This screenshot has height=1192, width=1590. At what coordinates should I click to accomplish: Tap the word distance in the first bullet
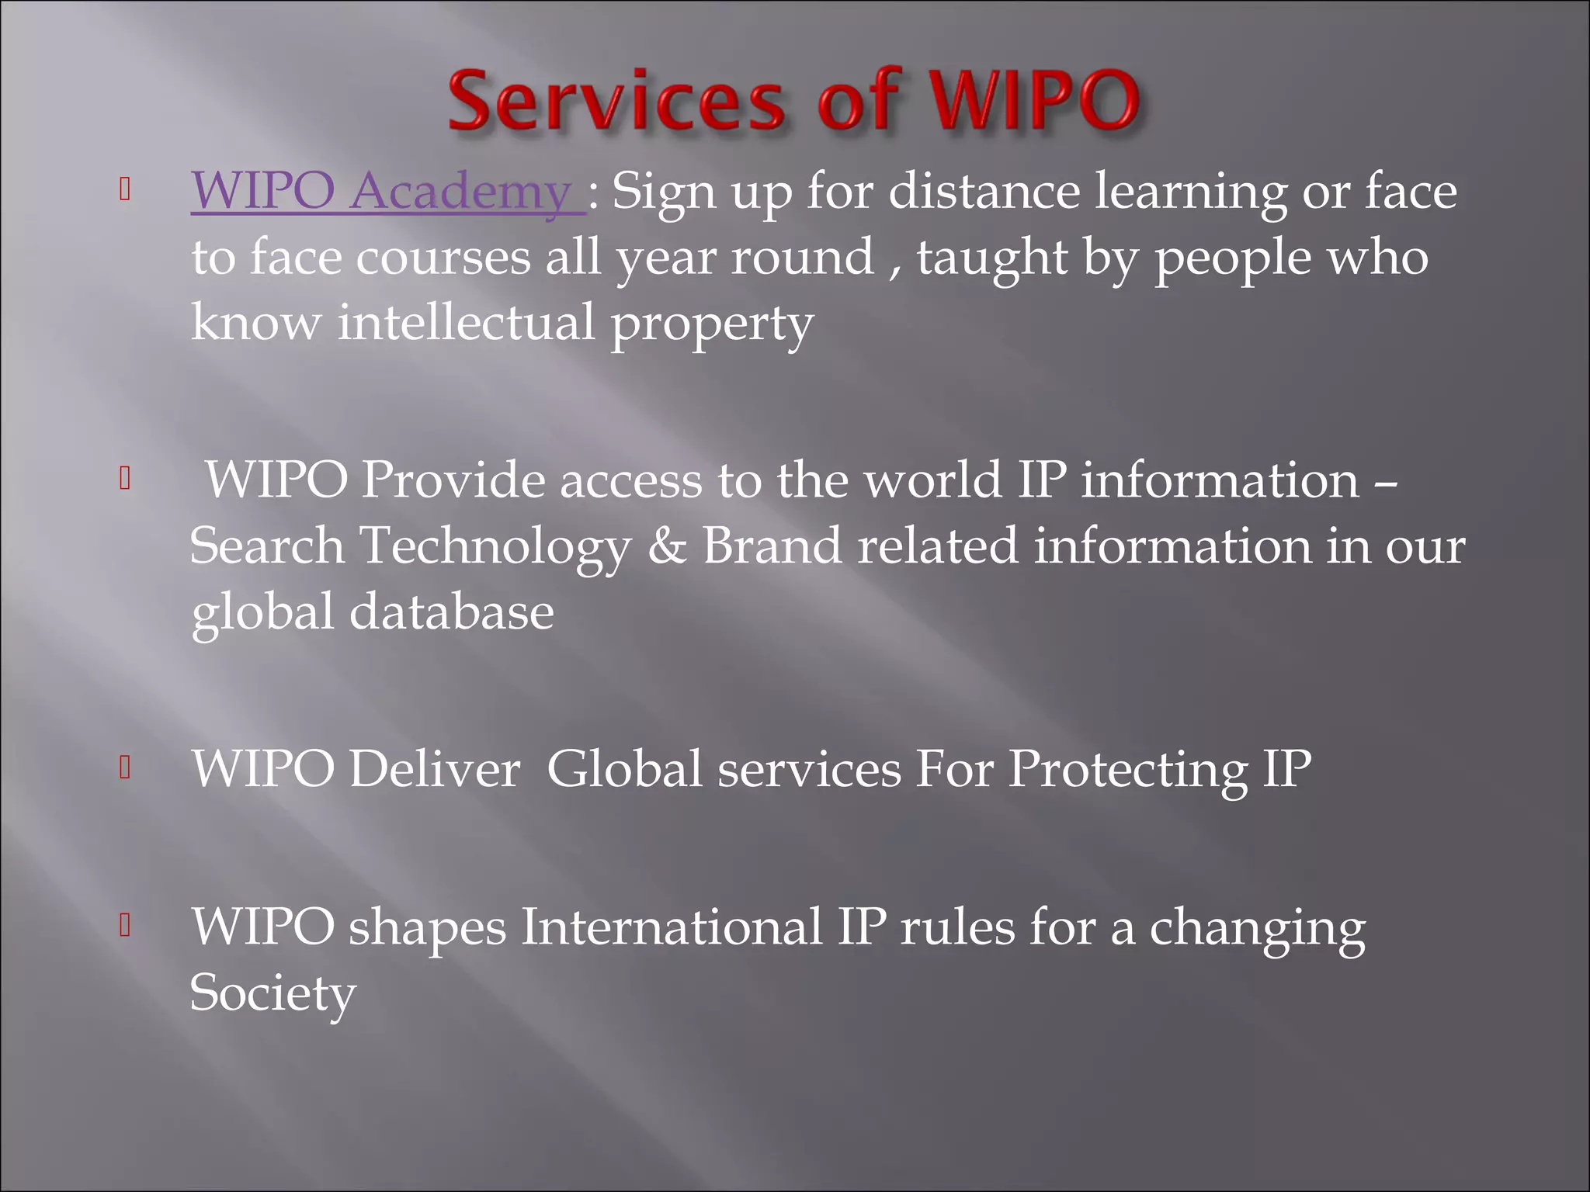point(984,192)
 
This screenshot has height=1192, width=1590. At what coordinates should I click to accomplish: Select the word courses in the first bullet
point(443,258)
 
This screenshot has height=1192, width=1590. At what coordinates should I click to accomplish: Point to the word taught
point(992,258)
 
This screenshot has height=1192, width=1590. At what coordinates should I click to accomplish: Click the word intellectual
point(466,323)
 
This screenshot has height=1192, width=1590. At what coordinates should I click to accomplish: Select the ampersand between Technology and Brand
point(668,546)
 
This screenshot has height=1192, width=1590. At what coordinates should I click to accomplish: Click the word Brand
point(772,546)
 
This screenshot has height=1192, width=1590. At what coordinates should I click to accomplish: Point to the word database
point(451,612)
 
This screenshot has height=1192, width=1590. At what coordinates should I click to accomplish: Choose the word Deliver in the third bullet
point(434,769)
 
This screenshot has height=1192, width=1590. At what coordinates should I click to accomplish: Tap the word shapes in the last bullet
point(427,928)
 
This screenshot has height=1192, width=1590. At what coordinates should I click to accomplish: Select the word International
point(671,927)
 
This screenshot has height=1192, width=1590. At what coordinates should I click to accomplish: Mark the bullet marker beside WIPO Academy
point(124,191)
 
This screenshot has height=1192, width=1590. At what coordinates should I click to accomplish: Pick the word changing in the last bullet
point(1257,928)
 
